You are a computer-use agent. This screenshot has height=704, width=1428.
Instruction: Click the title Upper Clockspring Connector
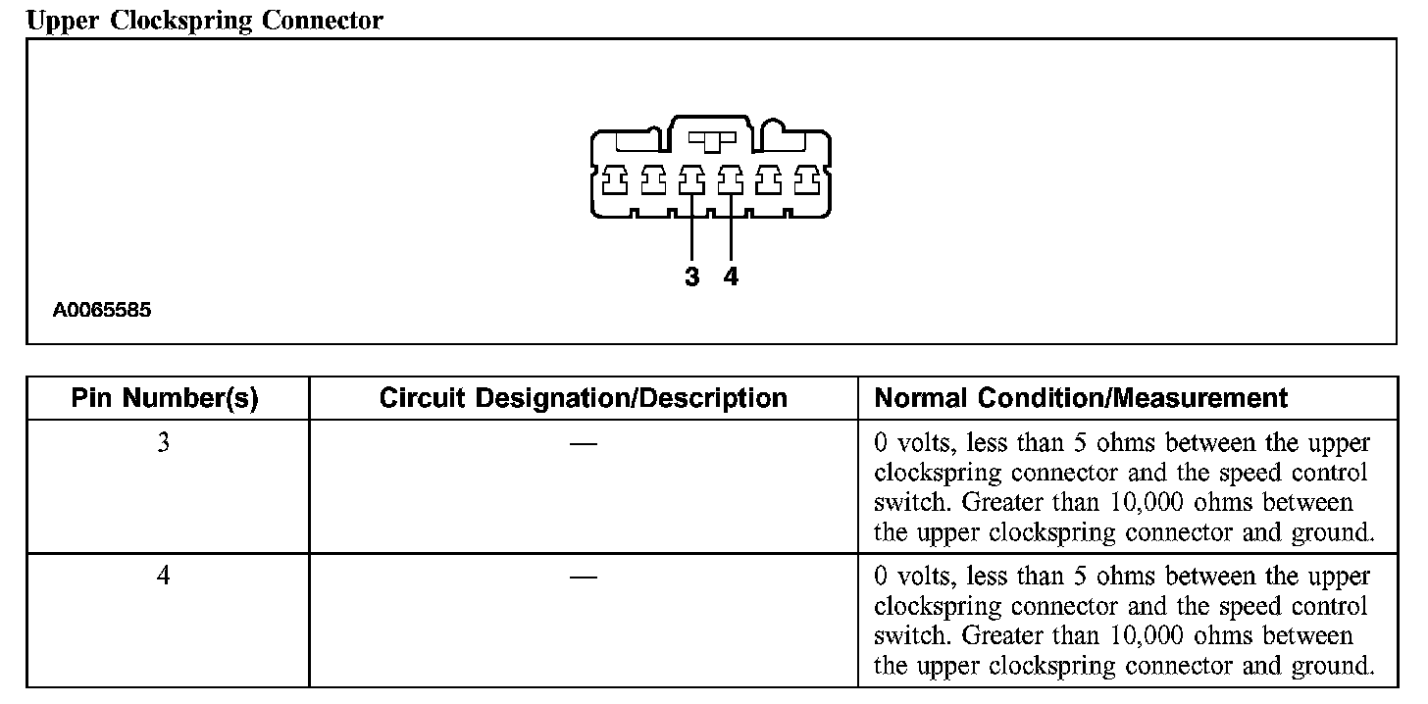point(204,21)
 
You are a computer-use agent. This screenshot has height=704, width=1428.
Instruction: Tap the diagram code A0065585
point(102,311)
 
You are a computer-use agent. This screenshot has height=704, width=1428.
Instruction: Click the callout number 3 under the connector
point(692,277)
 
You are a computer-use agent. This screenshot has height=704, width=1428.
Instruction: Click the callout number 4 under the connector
point(731,277)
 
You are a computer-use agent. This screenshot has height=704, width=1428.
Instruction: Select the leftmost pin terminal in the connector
point(614,179)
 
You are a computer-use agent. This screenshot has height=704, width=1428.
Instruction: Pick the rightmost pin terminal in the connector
point(806,179)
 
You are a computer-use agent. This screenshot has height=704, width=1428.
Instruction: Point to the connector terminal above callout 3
point(691,179)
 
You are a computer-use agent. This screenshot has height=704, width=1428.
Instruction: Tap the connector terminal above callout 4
point(730,179)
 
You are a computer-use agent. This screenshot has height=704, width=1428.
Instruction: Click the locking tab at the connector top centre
point(712,140)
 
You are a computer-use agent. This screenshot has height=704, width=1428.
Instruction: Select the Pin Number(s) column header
point(165,398)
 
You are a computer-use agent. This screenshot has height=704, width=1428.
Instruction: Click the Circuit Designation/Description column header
point(583,398)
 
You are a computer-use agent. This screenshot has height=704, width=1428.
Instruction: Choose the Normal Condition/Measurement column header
point(1080,398)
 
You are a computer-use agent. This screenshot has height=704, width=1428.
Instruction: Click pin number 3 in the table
point(164,443)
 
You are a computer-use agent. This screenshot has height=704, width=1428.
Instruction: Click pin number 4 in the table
point(164,577)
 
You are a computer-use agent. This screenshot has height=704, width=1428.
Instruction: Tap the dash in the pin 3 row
point(583,444)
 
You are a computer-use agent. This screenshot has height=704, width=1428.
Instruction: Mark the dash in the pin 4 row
point(583,577)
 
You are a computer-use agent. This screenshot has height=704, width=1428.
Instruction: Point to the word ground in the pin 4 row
point(1335,667)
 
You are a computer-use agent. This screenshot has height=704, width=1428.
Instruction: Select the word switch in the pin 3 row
point(913,503)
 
